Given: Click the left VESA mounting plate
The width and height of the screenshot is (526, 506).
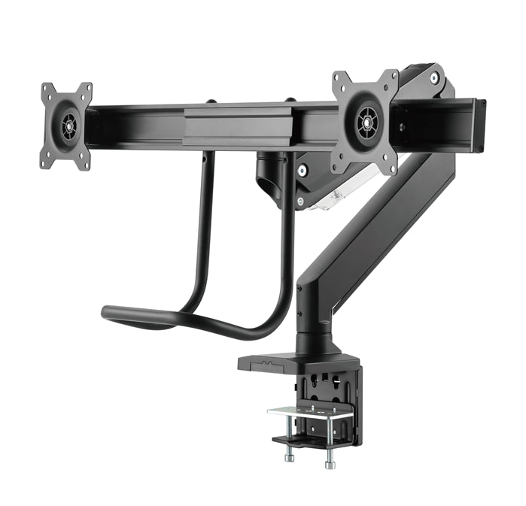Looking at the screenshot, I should tap(66, 125).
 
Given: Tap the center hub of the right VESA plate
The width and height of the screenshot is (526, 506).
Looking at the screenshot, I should tap(367, 121).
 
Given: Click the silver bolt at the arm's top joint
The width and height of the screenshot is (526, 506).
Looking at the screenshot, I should tap(435, 77).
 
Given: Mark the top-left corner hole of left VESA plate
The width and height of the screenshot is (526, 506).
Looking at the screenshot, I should tap(46, 89).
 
